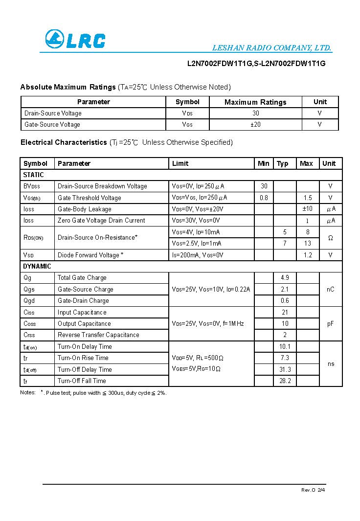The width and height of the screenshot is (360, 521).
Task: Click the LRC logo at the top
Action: tap(75, 39)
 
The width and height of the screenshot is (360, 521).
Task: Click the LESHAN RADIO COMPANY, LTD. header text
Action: tap(271, 48)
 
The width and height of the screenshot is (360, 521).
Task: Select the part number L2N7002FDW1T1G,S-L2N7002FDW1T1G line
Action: tap(256, 64)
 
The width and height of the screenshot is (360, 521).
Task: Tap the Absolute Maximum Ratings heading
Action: tap(67, 87)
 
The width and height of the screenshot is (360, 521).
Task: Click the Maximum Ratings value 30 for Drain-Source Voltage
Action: tap(255, 113)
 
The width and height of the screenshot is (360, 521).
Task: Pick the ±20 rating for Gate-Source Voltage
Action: tap(255, 124)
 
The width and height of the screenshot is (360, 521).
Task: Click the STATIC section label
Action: tap(33, 175)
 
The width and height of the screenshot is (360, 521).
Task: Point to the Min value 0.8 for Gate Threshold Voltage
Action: tap(264, 198)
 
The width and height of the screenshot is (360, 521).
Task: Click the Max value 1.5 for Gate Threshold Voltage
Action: tap(307, 198)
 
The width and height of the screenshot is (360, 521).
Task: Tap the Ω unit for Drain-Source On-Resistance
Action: tap(330, 238)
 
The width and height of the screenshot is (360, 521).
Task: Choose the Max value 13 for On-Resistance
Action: tap(307, 243)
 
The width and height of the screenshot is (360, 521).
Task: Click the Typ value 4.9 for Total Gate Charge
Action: tap(285, 277)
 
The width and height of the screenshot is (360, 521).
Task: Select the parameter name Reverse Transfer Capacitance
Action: tap(98, 335)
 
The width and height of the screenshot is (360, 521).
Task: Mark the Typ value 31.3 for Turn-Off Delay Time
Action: tap(285, 369)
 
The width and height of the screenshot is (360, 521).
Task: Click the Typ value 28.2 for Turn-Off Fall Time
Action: tap(285, 381)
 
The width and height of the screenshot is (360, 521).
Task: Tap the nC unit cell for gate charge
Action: tap(330, 289)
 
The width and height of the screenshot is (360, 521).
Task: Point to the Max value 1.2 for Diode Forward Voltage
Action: tap(307, 255)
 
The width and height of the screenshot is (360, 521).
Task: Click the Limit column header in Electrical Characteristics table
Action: tap(180, 163)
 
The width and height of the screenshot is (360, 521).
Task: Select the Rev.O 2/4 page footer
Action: tap(313, 490)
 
